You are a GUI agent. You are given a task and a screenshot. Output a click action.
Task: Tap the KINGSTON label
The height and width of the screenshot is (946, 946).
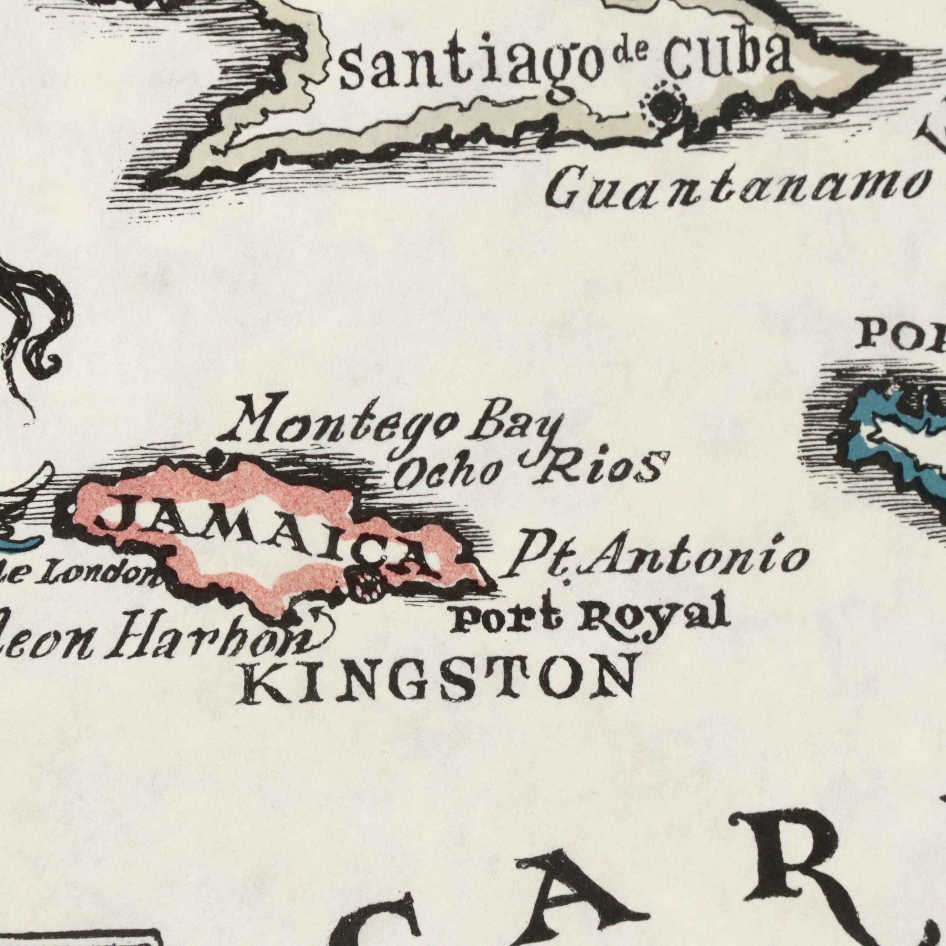point(441,678)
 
